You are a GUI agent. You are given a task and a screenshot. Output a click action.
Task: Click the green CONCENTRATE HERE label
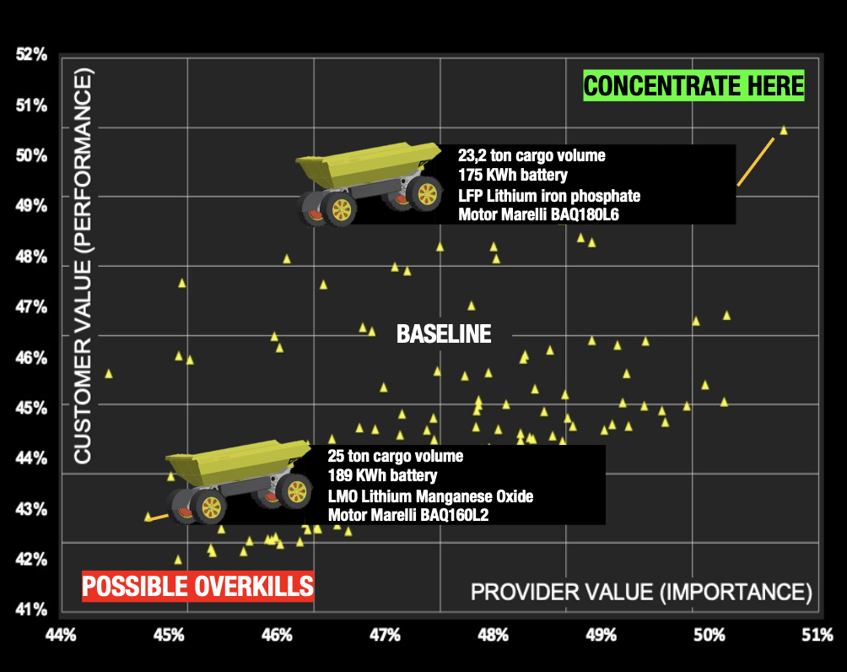click(693, 85)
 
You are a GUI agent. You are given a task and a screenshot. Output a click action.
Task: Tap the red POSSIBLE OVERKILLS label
click(197, 586)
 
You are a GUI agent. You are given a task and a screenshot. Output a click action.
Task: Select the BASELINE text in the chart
click(444, 333)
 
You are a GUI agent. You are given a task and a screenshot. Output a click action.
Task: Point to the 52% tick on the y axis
click(31, 55)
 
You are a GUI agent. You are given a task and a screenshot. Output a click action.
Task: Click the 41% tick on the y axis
click(31, 610)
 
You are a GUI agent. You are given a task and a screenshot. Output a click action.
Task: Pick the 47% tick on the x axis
click(385, 635)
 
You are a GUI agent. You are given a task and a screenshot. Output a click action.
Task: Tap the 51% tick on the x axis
click(817, 635)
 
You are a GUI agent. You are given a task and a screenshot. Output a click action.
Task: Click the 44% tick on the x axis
click(61, 635)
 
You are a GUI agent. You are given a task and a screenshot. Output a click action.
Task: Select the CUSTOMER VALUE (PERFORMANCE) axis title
click(83, 266)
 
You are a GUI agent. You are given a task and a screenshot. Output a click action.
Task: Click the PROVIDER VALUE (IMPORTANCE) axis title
click(641, 592)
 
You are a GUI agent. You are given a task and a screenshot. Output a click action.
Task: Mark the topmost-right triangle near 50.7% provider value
click(783, 130)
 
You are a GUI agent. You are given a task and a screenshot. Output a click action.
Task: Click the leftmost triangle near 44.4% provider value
click(109, 374)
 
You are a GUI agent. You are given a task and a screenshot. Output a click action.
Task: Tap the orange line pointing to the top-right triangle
click(756, 161)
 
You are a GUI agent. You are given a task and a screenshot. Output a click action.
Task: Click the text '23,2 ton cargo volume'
click(531, 155)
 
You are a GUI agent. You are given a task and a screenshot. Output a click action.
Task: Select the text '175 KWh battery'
click(513, 175)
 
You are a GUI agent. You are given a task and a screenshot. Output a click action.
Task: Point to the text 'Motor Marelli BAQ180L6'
click(538, 214)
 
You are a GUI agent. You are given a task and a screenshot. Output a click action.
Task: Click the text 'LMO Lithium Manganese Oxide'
click(430, 496)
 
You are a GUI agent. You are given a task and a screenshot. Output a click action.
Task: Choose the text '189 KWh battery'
click(382, 476)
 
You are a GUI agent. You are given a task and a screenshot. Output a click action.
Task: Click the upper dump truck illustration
click(369, 183)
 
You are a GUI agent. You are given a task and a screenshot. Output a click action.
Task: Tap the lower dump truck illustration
click(238, 482)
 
